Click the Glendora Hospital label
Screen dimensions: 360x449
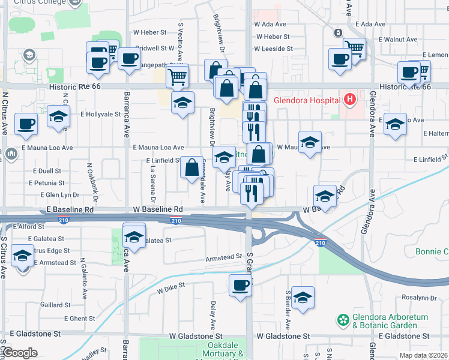304,100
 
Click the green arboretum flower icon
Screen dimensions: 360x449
343,320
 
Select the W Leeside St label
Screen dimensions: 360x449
273,49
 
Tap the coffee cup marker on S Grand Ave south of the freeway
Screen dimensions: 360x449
241,286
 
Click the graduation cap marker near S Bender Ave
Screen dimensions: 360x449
303,298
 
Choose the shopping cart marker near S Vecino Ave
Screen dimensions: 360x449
177,76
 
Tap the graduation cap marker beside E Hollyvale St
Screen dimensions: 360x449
58,116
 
